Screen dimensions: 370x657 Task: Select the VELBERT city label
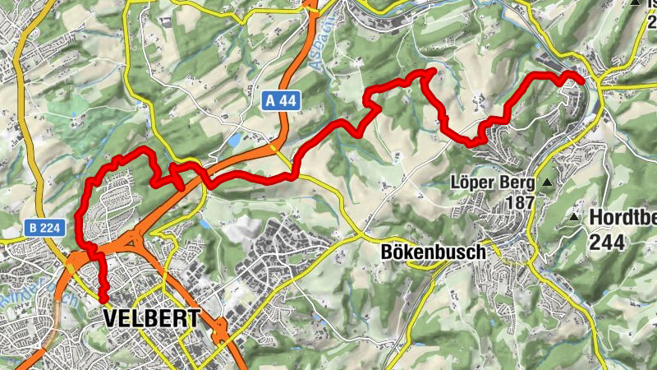[x=152, y=318]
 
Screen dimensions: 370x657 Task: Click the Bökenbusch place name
[x=434, y=252]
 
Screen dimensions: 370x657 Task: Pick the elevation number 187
[x=521, y=201]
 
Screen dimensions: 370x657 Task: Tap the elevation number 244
[x=607, y=242]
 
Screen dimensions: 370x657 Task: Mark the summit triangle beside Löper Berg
[x=546, y=182]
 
